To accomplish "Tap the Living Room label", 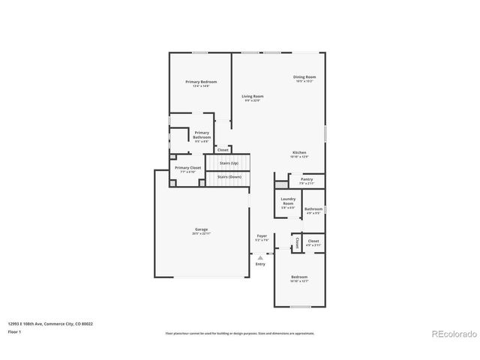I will point(252,96).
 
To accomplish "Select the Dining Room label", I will point(304,77).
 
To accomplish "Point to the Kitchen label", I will point(299,153).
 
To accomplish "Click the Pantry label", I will point(306,179).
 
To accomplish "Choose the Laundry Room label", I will point(288,201).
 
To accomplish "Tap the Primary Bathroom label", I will point(202,135).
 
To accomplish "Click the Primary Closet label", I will point(187,168).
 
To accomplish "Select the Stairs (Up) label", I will point(228,162).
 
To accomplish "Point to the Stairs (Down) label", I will point(229,177).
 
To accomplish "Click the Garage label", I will point(202,229).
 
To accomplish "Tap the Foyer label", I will point(262,235).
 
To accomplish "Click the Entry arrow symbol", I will point(260,256).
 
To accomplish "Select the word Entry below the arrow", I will point(260,264).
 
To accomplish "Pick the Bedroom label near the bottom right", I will point(299,277).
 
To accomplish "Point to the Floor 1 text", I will point(14,331).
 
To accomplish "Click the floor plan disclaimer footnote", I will point(240,333).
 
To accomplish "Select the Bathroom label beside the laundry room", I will point(313,209).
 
